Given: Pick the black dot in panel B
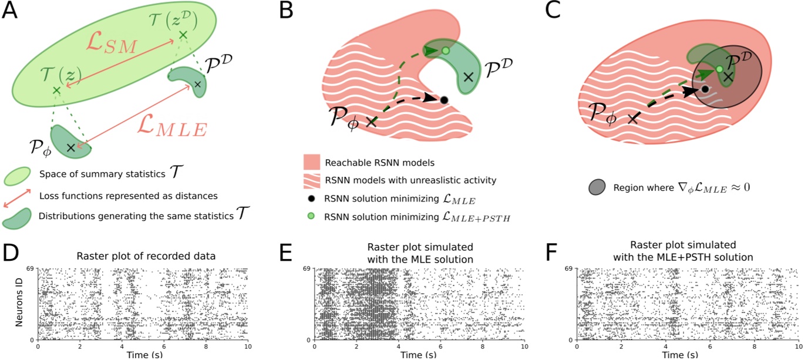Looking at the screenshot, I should click(x=444, y=100).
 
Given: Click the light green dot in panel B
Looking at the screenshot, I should click(x=446, y=51).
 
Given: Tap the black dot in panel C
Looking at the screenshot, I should click(x=705, y=90).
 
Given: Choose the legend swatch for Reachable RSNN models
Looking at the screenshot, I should click(x=312, y=162).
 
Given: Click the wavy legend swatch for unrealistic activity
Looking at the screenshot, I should click(x=312, y=180).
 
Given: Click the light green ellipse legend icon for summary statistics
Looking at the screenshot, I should click(x=17, y=175).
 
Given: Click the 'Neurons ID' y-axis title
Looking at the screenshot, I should click(x=19, y=304).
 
